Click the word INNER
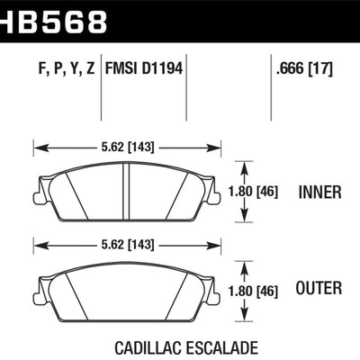coord(319,192)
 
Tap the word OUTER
coord(318,289)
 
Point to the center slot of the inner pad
coord(127,189)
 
